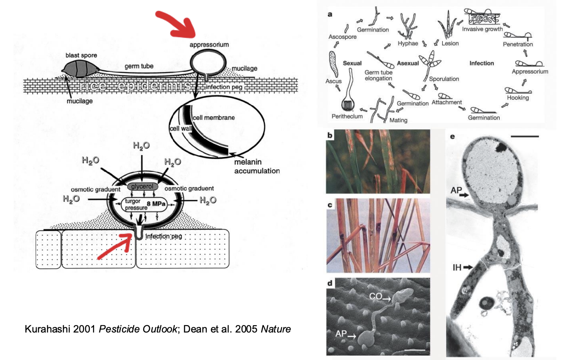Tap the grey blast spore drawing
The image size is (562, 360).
coord(79,68)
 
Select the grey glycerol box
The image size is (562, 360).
coord(141,186)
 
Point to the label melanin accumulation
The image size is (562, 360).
coord(257,166)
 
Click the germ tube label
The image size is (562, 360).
coord(139,66)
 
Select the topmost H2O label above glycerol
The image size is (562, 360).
coord(141,146)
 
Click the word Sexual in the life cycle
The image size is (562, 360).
coord(352,63)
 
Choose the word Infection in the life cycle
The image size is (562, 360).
coord(481,63)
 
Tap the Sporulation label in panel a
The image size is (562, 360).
coord(444,79)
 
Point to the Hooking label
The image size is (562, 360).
coord(517,98)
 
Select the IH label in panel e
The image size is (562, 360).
coord(457,267)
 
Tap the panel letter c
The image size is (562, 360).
coord(330,205)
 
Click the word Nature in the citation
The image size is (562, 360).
coord(276,329)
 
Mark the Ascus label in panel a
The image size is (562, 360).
coord(333,81)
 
